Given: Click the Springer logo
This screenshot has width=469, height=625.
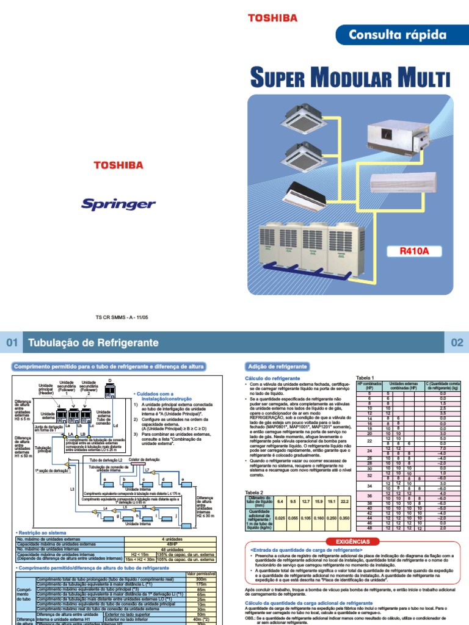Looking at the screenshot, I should click(x=118, y=203).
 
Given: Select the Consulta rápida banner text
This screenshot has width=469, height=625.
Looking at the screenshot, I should click(x=397, y=35).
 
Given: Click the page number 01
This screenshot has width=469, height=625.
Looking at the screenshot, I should click(x=12, y=343).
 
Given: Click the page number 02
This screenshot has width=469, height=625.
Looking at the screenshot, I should click(x=457, y=343).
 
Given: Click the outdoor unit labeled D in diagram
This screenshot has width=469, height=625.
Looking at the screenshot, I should click(x=110, y=389).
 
